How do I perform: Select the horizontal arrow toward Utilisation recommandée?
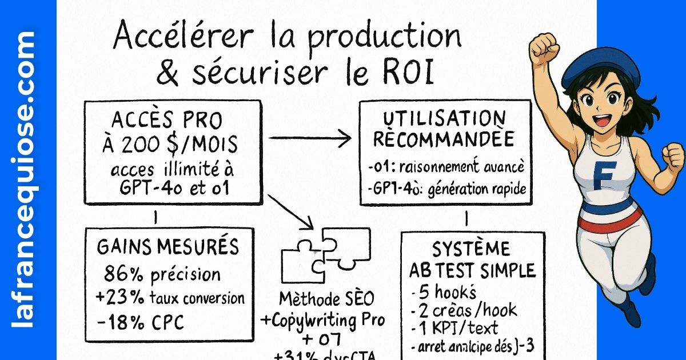[x=309, y=137]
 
